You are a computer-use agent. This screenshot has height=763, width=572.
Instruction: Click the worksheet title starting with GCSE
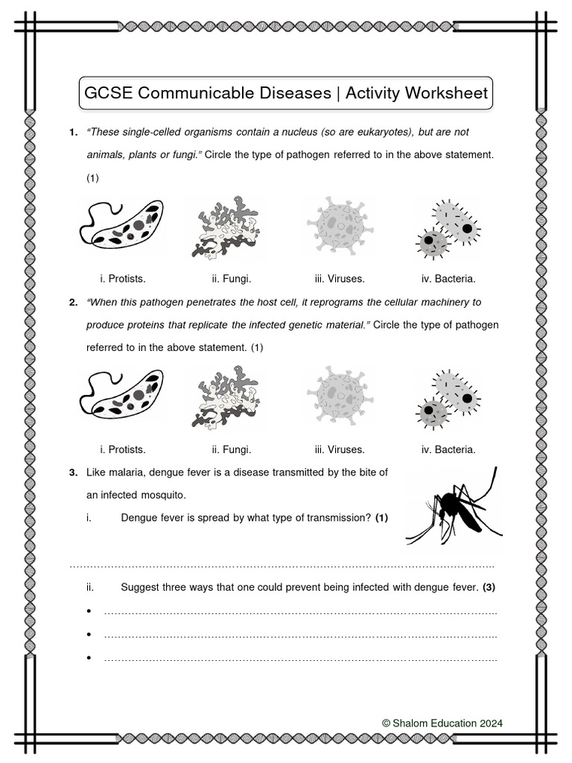(285, 94)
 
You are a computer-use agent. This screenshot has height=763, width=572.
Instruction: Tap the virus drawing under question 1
(339, 226)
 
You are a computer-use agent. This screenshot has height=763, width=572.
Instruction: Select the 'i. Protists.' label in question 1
(123, 279)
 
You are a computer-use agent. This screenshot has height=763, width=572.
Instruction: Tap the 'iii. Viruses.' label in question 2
(339, 449)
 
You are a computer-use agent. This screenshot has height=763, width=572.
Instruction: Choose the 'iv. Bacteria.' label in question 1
(448, 279)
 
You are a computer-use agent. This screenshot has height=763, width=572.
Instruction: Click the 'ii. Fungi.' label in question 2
(231, 449)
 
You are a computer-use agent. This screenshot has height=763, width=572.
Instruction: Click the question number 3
(73, 472)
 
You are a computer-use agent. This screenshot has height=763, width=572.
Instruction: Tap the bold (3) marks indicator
(489, 587)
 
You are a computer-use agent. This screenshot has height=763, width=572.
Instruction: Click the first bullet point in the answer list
(89, 612)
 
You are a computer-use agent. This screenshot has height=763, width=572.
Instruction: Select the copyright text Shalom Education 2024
(442, 723)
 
